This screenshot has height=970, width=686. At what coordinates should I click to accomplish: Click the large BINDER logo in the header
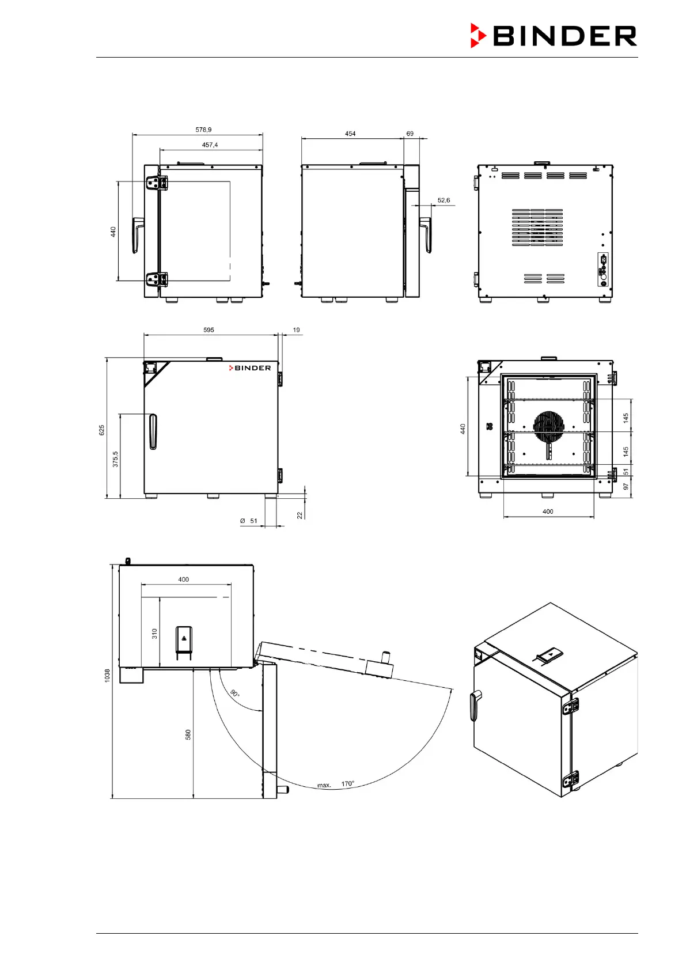(554, 36)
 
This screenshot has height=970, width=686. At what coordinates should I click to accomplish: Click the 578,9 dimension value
(203, 130)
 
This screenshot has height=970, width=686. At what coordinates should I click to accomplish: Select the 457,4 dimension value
(210, 145)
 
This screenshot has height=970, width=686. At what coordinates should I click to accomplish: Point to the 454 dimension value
(350, 134)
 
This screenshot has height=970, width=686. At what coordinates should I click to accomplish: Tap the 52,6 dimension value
(444, 200)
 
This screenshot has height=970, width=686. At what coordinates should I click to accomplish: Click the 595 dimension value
(209, 330)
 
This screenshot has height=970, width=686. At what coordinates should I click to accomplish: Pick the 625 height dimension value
(102, 430)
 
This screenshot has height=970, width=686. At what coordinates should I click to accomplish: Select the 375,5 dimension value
(115, 459)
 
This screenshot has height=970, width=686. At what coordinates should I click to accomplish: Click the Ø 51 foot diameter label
(249, 521)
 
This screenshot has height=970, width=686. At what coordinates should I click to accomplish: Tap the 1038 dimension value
(107, 676)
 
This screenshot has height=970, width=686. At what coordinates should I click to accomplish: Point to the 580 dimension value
(188, 734)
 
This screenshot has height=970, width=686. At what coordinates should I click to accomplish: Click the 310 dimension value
(154, 634)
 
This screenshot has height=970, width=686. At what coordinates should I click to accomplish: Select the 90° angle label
(235, 693)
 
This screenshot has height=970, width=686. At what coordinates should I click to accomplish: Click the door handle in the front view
(153, 431)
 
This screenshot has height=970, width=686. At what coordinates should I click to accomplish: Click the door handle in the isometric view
(476, 705)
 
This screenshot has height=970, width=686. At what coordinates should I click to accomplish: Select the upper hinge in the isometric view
(571, 706)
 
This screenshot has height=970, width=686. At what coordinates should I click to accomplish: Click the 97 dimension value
(626, 487)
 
